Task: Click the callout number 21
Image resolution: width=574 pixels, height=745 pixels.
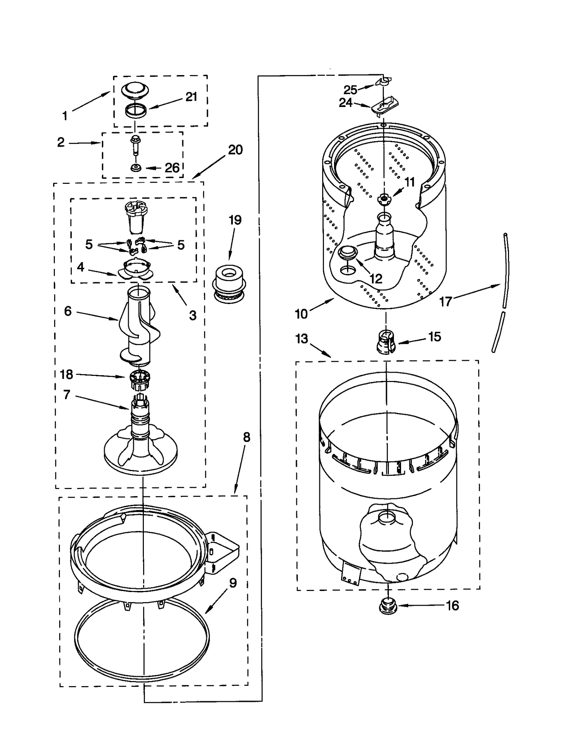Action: point(191,97)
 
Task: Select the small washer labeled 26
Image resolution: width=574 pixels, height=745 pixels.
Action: point(136,167)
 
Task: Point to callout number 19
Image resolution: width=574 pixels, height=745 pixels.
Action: point(235,220)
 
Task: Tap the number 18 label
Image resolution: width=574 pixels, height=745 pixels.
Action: point(66,374)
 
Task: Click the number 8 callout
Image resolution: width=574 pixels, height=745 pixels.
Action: point(246,437)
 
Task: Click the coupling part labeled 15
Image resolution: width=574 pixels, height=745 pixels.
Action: point(386,342)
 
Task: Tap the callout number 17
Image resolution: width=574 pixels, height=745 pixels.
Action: point(446,302)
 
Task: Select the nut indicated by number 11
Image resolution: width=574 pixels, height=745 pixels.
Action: point(384,198)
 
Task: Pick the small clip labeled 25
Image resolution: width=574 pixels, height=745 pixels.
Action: point(384,82)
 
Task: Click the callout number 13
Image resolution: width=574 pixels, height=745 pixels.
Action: point(302,338)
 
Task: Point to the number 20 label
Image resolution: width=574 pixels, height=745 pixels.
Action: point(235,149)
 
